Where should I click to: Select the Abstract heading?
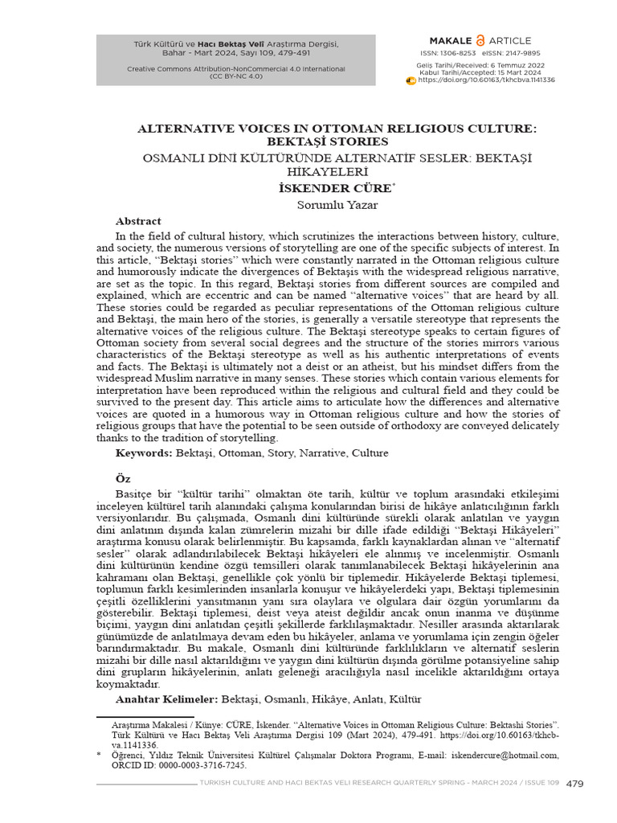coord(138,221)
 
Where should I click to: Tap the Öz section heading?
coord(123,478)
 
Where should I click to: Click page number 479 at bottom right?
coord(575,784)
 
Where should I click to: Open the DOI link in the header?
coord(486,80)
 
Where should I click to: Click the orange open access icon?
coord(481,39)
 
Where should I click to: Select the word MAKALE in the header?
coord(452,39)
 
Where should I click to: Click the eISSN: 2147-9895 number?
coord(511,53)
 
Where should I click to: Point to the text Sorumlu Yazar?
coord(326,204)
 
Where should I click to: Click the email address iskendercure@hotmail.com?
coord(508,755)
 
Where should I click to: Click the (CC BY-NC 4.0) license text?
coord(235,76)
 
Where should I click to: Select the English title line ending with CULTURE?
coord(337,129)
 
